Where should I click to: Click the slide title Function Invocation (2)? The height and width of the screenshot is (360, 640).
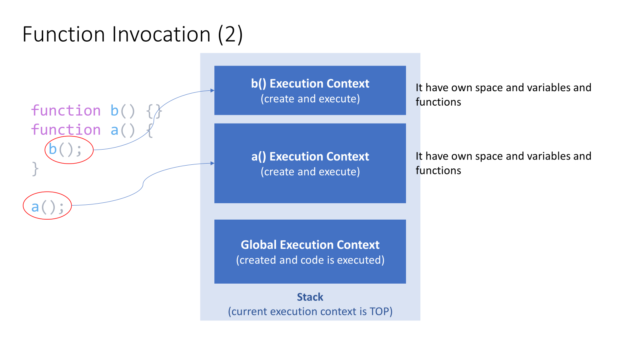point(132,34)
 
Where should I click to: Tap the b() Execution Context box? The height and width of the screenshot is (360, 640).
point(310,90)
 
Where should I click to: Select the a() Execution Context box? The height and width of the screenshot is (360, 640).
point(310,163)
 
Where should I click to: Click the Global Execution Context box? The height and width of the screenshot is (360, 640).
point(310,252)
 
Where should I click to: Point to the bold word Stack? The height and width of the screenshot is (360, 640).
point(310,297)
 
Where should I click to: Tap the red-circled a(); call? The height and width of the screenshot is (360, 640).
point(47,207)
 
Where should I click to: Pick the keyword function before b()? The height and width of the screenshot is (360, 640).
point(66,111)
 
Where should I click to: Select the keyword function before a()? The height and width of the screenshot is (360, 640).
point(66,130)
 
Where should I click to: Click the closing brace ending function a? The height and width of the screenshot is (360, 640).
point(35,169)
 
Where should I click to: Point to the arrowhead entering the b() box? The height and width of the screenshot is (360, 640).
point(212,90)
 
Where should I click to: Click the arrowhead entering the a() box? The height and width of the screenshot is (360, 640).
point(212,163)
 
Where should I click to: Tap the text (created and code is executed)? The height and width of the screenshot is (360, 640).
point(310,260)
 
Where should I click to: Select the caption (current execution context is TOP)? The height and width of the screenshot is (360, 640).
point(310,312)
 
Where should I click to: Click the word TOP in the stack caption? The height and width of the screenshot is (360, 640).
point(379,312)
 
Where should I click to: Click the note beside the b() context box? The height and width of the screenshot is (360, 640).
point(503,95)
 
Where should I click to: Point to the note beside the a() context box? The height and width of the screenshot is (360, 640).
point(503,163)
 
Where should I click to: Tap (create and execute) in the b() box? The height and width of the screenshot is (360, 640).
point(310,99)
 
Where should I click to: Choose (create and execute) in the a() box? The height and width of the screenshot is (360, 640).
point(310,172)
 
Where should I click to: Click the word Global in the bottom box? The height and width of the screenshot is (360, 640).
point(258,245)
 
